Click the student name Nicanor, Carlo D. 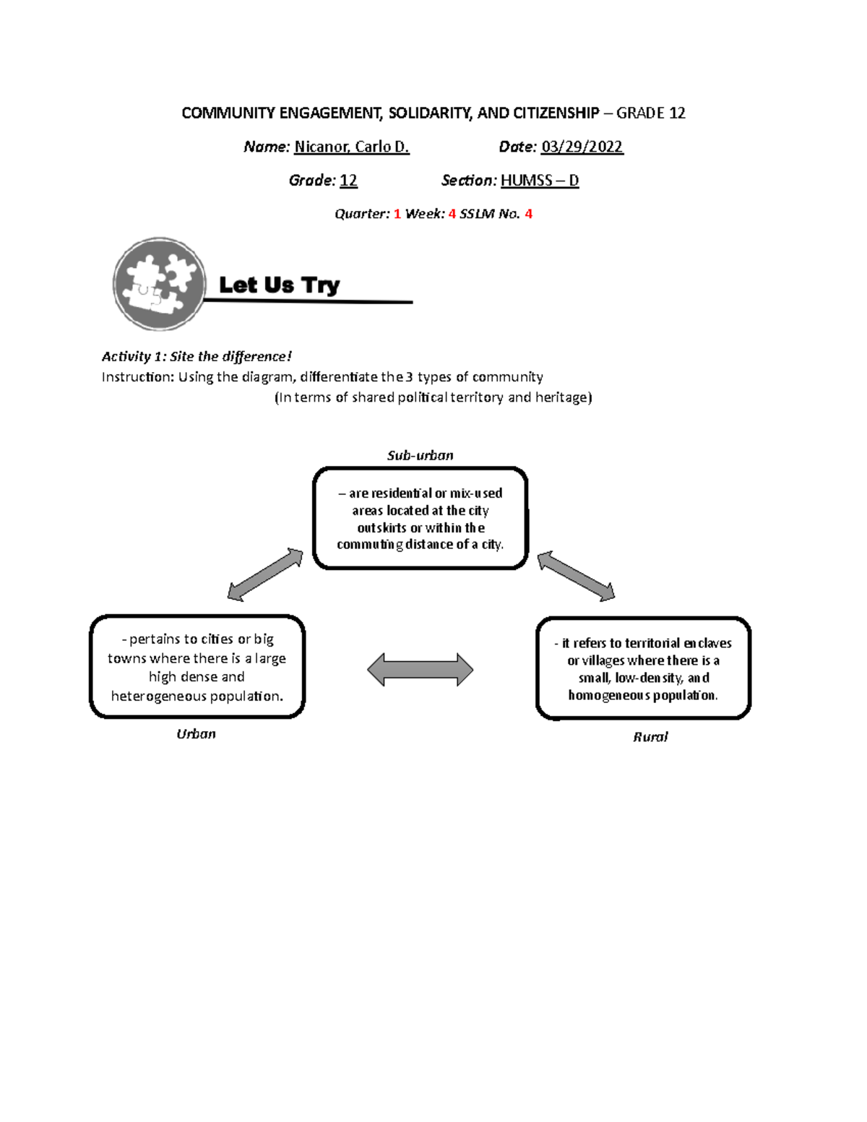click(352, 147)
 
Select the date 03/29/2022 click(582, 147)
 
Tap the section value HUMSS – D click(540, 180)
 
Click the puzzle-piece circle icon click(160, 284)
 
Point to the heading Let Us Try click(280, 285)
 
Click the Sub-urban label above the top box click(420, 455)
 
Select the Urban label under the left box click(197, 734)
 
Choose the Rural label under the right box click(650, 737)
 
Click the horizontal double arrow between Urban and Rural click(420, 670)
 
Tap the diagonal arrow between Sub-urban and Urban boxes click(265, 574)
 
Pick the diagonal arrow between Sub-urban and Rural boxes click(576, 577)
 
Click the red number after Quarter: click(397, 214)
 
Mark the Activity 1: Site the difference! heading click(197, 356)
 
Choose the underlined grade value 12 click(348, 180)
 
